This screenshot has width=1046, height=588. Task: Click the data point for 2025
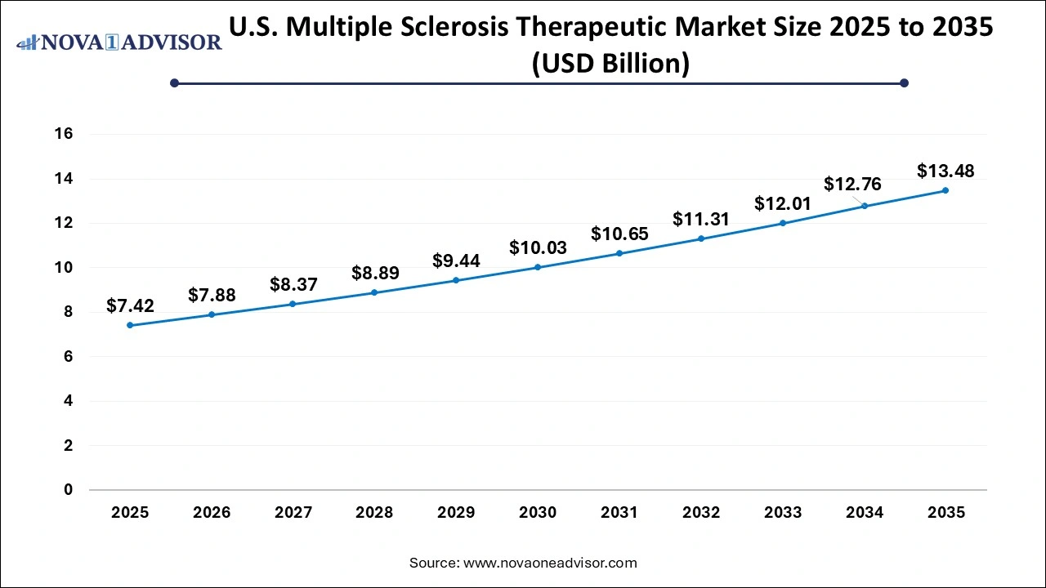point(130,325)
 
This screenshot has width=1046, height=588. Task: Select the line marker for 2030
point(538,267)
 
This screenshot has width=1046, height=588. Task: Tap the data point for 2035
point(945,190)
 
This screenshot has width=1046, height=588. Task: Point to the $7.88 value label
point(212,295)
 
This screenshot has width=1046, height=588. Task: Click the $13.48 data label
point(945,171)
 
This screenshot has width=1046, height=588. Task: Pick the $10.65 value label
point(619,234)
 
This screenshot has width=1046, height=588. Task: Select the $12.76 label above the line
point(852,184)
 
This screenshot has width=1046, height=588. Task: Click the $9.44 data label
point(456,261)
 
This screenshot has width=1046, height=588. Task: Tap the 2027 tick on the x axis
point(293,513)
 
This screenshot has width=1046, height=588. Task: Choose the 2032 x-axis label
point(701,513)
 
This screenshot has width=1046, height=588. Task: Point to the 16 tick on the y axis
point(64,134)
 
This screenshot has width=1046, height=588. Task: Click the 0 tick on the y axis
point(69,490)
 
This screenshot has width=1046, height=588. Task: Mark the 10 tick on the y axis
point(64,267)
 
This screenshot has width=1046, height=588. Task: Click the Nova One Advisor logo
point(119,42)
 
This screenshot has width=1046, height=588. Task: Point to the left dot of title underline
point(174,82)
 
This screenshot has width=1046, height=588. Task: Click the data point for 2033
point(783,223)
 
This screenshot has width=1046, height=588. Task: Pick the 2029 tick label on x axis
point(456,513)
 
